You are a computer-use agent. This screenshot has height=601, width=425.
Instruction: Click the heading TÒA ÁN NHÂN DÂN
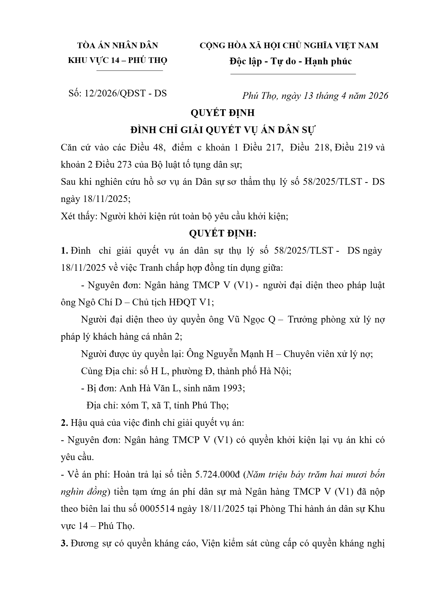(118, 46)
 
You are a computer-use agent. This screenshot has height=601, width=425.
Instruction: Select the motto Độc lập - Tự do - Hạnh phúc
(290, 61)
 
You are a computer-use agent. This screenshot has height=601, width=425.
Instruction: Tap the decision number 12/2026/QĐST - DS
(125, 93)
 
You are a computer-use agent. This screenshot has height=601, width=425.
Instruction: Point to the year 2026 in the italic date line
(378, 96)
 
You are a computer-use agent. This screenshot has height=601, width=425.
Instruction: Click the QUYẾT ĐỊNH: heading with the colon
(223, 234)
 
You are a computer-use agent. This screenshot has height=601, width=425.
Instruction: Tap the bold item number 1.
(64, 251)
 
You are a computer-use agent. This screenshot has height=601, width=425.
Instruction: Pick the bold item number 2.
(64, 423)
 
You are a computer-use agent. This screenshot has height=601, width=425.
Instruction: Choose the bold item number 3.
(64, 543)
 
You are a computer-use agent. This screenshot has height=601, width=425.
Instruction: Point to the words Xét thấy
(78, 216)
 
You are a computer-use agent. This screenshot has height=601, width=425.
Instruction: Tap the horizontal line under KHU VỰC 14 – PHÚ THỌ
(129, 71)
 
